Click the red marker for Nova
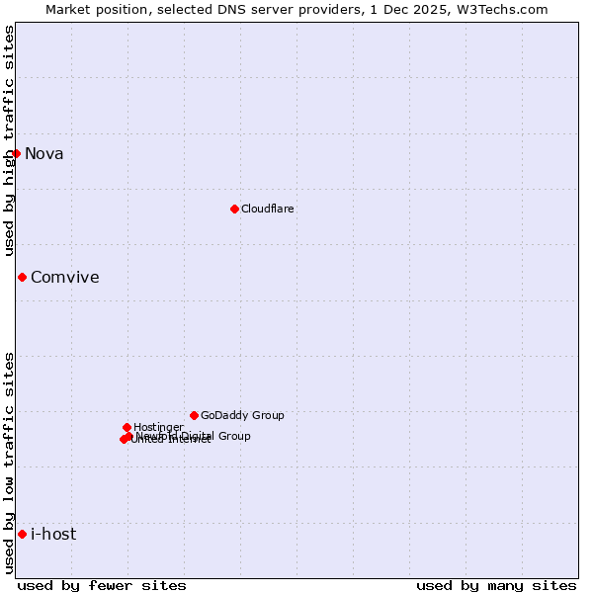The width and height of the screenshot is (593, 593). tap(16, 153)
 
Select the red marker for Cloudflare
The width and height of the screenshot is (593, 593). tap(234, 209)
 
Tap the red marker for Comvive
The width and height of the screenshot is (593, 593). tap(22, 277)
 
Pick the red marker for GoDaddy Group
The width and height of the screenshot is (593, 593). tap(194, 415)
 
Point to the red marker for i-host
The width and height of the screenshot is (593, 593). tap(22, 534)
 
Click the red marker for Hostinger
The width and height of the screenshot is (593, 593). tap(127, 427)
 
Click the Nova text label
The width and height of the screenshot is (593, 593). tap(43, 153)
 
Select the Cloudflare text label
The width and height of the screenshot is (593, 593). tap(267, 209)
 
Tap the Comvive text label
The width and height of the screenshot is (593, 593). tap(64, 277)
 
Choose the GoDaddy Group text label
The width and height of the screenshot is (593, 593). tap(242, 415)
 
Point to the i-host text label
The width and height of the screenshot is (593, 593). tap(53, 534)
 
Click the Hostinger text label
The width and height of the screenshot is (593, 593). tap(158, 427)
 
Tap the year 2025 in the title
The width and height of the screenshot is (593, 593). tap(438, 9)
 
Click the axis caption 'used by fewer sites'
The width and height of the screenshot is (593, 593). tap(102, 585)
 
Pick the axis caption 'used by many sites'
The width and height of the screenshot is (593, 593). tap(496, 585)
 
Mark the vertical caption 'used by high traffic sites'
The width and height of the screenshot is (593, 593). tap(9, 141)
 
